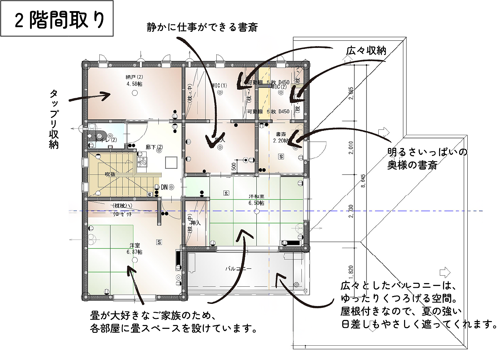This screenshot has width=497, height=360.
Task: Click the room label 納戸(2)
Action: [x=134, y=77]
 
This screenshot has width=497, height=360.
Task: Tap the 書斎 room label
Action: [x=281, y=134]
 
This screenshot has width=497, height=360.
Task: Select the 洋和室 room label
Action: [x=256, y=196]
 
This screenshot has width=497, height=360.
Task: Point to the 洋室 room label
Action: [x=134, y=245]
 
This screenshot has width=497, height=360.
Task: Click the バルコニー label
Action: [x=238, y=268]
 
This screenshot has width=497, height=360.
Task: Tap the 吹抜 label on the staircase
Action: [x=110, y=174]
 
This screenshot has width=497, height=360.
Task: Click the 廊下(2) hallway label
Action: [x=154, y=147]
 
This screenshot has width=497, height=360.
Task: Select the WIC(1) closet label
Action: [x=219, y=85]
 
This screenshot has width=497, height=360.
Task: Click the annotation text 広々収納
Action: [x=366, y=51]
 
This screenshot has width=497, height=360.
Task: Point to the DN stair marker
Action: [x=164, y=187]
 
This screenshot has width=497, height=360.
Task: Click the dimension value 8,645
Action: [x=363, y=181]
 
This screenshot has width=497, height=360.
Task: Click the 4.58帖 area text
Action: [x=134, y=84]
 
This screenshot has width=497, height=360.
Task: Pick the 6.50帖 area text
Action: [x=256, y=203]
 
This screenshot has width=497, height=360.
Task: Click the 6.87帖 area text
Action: [x=134, y=252]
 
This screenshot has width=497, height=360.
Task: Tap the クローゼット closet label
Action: [x=122, y=214]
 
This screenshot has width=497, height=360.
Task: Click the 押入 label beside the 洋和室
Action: [x=196, y=223]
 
